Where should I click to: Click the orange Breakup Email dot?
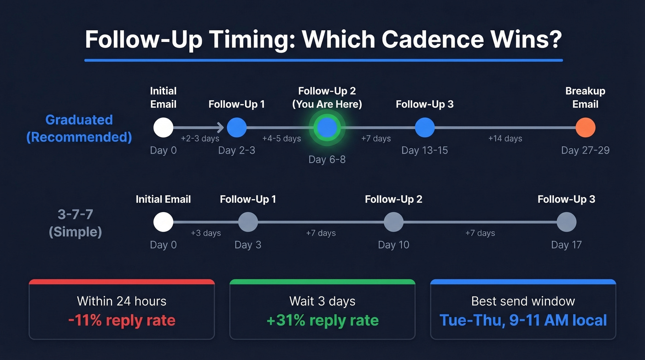point(585,128)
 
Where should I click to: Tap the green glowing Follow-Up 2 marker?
point(327,128)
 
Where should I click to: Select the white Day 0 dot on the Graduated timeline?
point(163,128)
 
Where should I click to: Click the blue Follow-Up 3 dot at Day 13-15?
point(424,128)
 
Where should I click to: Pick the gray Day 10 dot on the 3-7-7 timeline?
point(393,222)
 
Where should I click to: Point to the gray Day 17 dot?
point(566,222)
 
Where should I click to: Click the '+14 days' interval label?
point(505,138)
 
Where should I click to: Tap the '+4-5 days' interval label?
point(281,138)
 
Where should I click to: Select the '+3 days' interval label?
point(206,233)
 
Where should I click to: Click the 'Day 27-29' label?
point(585,150)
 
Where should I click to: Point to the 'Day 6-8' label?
point(327,159)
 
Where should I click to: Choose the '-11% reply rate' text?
point(122,320)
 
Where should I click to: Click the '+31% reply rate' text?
point(322,320)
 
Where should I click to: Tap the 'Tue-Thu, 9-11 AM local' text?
point(523,320)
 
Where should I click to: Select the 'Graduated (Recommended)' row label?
point(79,128)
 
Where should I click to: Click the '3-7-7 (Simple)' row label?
point(75,223)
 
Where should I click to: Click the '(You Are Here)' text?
point(327,105)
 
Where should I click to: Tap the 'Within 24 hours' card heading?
point(122,301)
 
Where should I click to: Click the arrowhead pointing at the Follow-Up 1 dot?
point(220,128)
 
